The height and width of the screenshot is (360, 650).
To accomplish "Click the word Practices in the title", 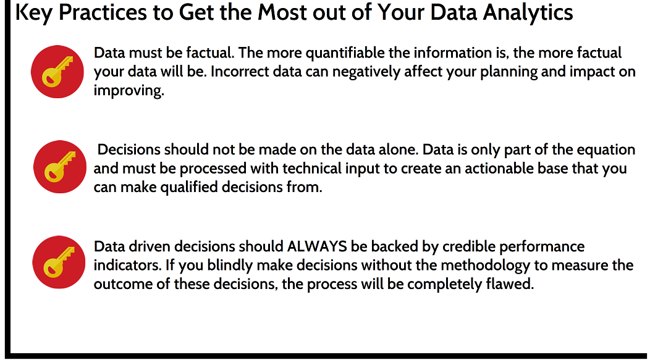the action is pyautogui.click(x=103, y=12).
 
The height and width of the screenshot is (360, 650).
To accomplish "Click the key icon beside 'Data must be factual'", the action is pyautogui.click(x=57, y=72).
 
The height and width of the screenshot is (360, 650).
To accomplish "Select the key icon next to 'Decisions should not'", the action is pyautogui.click(x=60, y=167).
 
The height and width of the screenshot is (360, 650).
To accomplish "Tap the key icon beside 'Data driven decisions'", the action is pyautogui.click(x=59, y=262).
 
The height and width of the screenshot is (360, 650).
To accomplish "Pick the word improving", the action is pyautogui.click(x=129, y=91).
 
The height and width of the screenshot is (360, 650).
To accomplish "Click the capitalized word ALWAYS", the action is pyautogui.click(x=317, y=246).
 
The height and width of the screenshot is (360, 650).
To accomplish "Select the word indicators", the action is pyautogui.click(x=127, y=265).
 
